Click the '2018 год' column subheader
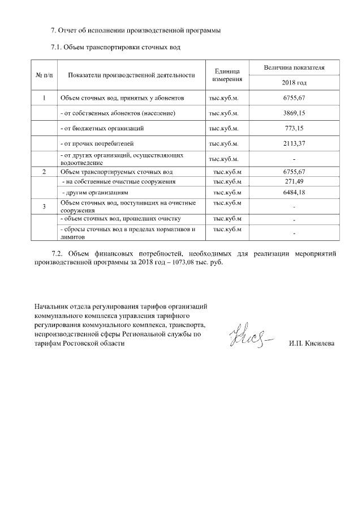(294, 83)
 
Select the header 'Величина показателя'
(294, 67)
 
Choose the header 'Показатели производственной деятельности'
(131, 75)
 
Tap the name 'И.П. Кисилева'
(311, 344)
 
